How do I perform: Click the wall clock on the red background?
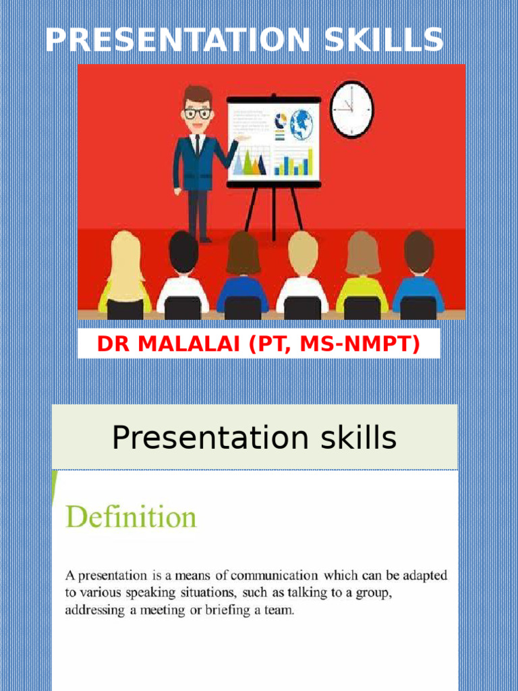coord(351,109)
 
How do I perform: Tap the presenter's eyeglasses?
coord(197,113)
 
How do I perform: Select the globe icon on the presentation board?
coord(301,125)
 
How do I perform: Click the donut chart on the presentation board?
coord(280,120)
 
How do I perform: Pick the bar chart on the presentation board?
coord(293,162)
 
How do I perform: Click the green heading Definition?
coord(131,518)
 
